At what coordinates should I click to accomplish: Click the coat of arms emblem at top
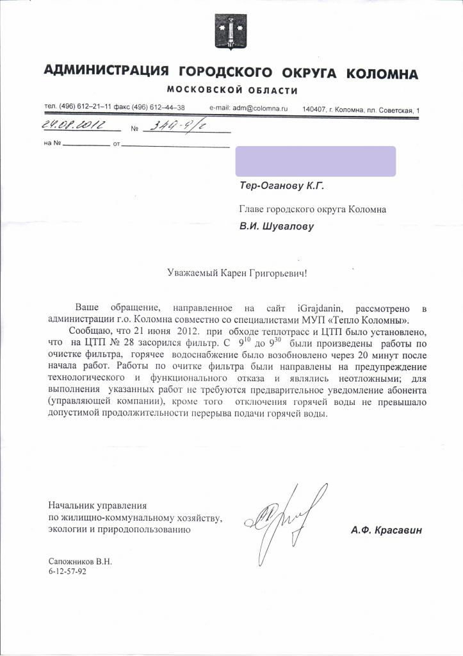[x=231, y=32]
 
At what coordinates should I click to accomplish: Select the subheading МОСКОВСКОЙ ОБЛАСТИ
[x=232, y=89]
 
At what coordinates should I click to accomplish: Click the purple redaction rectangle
[x=316, y=161]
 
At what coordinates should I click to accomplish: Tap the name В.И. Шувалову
[x=277, y=225]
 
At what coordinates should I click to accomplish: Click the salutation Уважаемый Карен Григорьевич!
[x=237, y=274]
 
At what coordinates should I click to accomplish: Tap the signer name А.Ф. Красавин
[x=387, y=530]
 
